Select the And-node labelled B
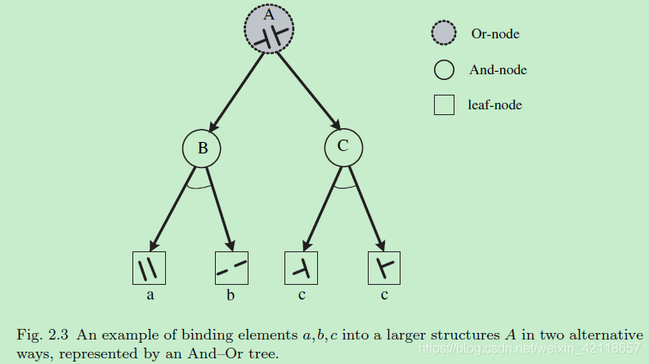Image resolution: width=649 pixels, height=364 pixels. point(201,149)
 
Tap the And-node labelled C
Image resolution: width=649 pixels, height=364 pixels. point(344,148)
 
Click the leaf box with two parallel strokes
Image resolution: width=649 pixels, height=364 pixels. point(149,268)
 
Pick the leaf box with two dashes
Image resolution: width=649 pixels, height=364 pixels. point(231,268)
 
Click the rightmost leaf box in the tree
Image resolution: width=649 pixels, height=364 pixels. point(383,268)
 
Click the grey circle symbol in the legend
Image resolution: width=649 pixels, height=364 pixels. point(444,34)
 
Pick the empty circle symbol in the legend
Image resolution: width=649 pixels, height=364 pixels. point(444,70)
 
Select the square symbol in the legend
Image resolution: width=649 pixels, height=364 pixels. point(444,105)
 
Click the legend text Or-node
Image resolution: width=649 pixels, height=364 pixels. point(495,34)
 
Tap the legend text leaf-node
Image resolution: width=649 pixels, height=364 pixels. point(495,104)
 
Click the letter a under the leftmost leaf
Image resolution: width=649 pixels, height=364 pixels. point(150,295)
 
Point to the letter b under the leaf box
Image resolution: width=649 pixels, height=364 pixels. point(231,295)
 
